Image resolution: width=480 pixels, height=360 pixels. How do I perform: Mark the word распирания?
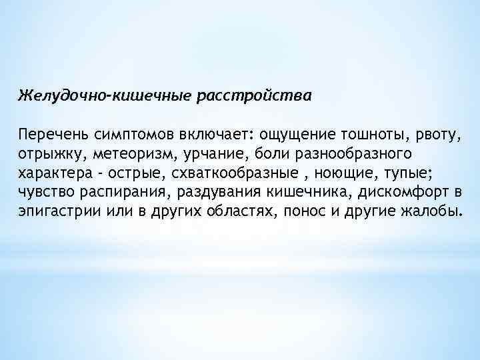click(x=107, y=193)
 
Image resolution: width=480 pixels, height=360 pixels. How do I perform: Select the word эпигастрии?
click(x=54, y=213)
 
